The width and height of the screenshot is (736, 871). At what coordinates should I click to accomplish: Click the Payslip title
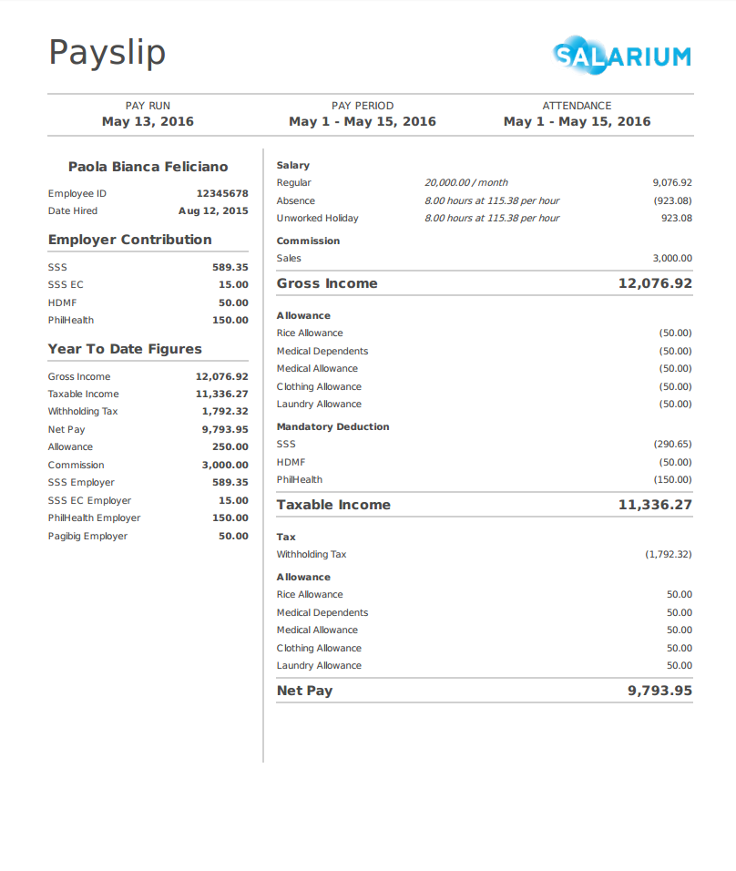click(107, 53)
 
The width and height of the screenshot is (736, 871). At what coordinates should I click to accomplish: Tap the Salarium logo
click(622, 56)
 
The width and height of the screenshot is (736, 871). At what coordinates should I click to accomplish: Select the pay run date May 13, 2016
click(148, 121)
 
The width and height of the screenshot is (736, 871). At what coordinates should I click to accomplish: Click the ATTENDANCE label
click(577, 106)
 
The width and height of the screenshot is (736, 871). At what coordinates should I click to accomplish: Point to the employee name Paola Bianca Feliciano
click(148, 167)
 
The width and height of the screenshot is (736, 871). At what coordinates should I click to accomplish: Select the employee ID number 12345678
click(222, 193)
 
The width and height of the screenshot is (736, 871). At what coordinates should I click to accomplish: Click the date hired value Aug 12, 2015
click(213, 210)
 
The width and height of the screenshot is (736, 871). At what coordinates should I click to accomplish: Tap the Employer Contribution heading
click(130, 240)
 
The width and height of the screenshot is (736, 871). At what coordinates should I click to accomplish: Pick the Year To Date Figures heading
click(125, 349)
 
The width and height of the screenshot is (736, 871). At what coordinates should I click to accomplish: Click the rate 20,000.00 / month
click(466, 182)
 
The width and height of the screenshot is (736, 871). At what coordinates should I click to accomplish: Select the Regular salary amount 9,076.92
click(672, 182)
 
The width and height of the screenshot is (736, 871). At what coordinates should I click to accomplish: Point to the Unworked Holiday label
click(318, 218)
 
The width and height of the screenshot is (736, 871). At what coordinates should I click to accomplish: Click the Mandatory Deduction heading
click(332, 426)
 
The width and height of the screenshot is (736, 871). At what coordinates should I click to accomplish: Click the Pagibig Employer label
click(87, 536)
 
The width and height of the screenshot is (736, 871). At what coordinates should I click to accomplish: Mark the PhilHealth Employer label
click(95, 517)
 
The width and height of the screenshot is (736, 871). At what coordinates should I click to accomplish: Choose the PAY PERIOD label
click(363, 106)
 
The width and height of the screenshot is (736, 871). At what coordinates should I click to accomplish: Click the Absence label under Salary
click(296, 200)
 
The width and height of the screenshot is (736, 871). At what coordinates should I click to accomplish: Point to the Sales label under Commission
click(289, 258)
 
